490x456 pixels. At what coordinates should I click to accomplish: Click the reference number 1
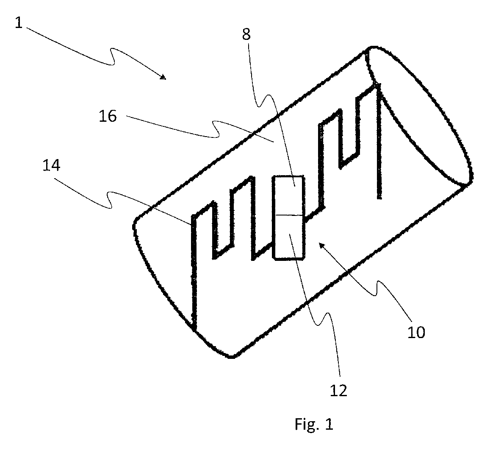[x=19, y=22]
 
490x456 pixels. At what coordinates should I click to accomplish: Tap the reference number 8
[x=246, y=34]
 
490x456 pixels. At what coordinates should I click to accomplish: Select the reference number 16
[x=108, y=115]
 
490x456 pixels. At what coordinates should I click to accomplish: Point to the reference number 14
[x=51, y=165]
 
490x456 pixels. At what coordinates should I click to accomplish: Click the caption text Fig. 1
[x=314, y=424]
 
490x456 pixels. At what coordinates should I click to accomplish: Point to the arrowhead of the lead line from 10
[x=321, y=244]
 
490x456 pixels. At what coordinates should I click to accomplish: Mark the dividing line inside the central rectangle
[x=289, y=215]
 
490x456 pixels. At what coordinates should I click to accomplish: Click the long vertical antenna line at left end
[x=193, y=271]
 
